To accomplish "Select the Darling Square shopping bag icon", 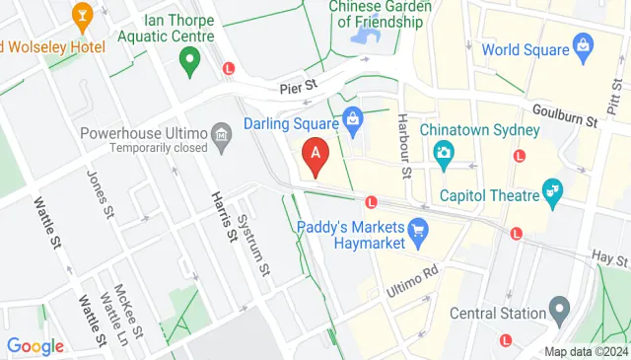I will click(353, 121).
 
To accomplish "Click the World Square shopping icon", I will click(583, 45).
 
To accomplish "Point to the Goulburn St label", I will click(565, 116).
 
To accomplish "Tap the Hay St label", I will click(609, 258).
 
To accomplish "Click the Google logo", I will click(35, 346).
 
